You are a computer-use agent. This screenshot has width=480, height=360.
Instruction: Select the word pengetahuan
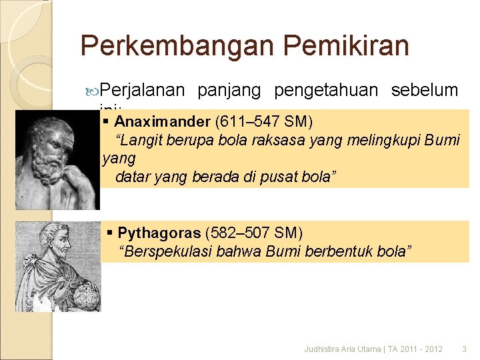[326, 91]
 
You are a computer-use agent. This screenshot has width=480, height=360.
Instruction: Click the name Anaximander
[162, 122]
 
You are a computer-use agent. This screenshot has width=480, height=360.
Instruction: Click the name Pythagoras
[159, 233]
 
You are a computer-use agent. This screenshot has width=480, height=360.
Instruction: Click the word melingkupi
[374, 141]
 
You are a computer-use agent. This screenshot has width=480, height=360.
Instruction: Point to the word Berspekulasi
[160, 251]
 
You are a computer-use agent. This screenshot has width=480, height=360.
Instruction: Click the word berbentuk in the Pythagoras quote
[349, 251]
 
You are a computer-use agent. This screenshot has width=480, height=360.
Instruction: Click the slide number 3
[465, 349]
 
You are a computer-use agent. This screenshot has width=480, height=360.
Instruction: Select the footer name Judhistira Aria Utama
[342, 349]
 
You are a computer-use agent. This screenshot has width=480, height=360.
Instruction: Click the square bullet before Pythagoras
[111, 233]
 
